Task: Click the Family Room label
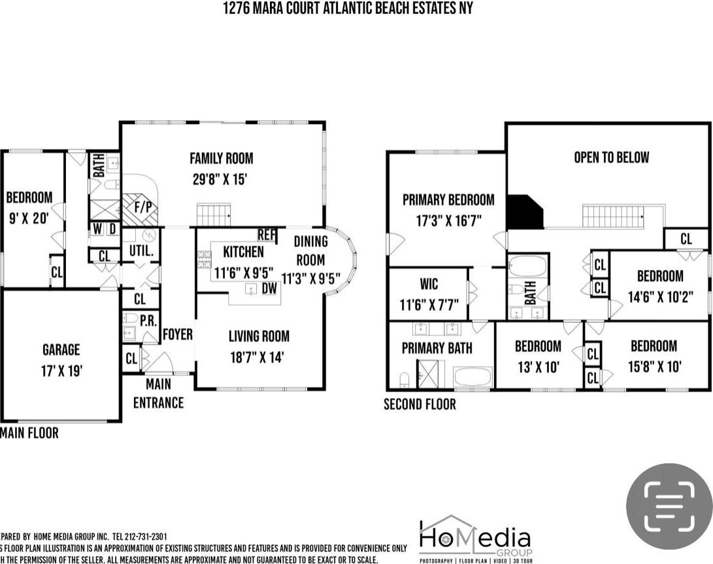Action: pyautogui.click(x=221, y=158)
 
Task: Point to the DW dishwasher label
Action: pyautogui.click(x=269, y=288)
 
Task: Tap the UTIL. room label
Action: pyautogui.click(x=141, y=250)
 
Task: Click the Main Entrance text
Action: pyautogui.click(x=158, y=393)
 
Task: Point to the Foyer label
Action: pyautogui.click(x=177, y=335)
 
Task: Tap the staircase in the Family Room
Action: pyautogui.click(x=214, y=214)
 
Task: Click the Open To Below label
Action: pyautogui.click(x=611, y=158)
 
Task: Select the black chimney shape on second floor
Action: pyautogui.click(x=524, y=212)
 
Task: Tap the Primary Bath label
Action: pyautogui.click(x=437, y=348)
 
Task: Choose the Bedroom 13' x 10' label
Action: pyautogui.click(x=538, y=356)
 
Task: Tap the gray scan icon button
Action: pyautogui.click(x=669, y=506)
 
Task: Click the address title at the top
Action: pyautogui.click(x=347, y=8)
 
